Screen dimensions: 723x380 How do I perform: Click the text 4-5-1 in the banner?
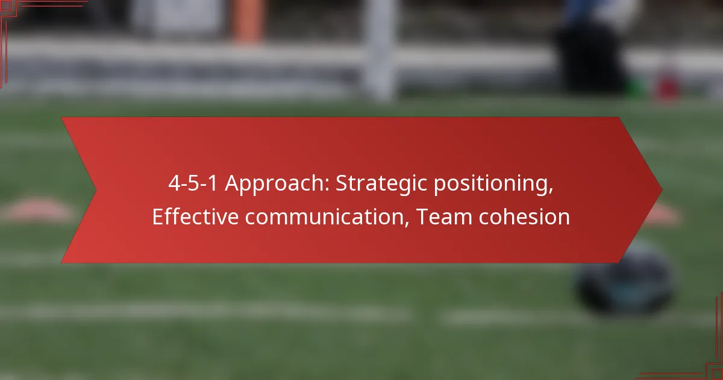click(193, 183)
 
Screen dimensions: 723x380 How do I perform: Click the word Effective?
click(196, 216)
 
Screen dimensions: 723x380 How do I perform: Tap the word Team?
click(445, 217)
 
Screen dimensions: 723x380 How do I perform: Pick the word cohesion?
click(525, 217)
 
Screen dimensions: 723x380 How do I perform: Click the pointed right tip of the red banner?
click(662, 191)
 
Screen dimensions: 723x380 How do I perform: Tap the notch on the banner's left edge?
click(96, 191)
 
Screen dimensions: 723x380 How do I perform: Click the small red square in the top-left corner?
click(5, 5)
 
